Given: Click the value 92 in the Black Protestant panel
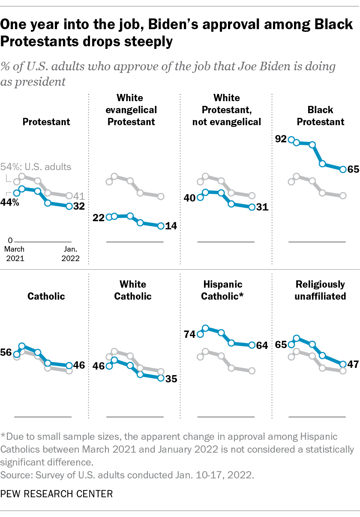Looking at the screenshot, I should click(x=280, y=139).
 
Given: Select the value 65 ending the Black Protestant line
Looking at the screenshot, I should click(x=353, y=169).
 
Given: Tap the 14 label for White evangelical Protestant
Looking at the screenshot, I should click(x=171, y=226).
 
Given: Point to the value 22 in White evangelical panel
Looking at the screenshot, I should click(x=99, y=217).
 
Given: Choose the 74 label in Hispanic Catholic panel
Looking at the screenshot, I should click(x=189, y=334).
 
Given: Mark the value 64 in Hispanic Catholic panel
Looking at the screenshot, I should click(x=261, y=345).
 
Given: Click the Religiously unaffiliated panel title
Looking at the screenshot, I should click(x=320, y=290).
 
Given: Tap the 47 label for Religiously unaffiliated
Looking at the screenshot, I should click(x=353, y=364).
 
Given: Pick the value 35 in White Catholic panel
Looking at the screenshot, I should click(x=171, y=379).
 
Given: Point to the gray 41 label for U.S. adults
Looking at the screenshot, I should click(x=78, y=196).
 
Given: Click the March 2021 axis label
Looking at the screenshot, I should click(x=15, y=254).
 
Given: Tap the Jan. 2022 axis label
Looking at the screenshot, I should click(x=70, y=254).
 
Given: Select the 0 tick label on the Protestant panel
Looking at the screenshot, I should click(x=12, y=240).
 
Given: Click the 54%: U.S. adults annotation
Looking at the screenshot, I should click(x=36, y=167).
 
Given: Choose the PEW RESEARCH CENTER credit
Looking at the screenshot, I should click(x=57, y=493).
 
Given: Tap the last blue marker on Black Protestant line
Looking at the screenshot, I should click(x=342, y=169).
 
